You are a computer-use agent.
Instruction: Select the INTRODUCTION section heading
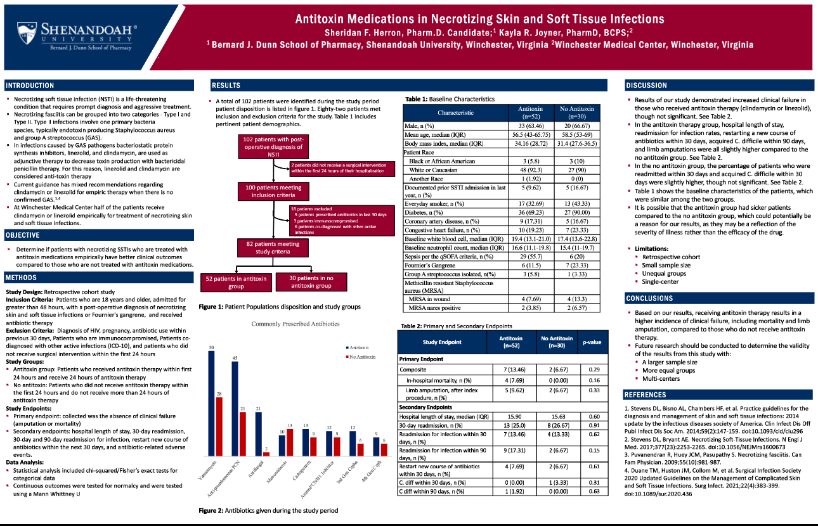point(30,86)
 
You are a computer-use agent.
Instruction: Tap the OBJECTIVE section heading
point(23,235)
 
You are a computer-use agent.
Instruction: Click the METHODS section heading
point(22,278)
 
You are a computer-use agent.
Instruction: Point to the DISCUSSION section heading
point(646,86)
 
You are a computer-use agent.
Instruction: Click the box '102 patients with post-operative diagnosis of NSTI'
point(272,147)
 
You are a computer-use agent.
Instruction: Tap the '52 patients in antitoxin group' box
point(237,282)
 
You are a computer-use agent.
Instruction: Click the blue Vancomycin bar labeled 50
point(212,404)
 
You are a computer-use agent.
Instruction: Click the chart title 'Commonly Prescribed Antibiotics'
point(295,324)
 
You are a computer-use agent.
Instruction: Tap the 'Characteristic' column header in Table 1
point(455,113)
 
